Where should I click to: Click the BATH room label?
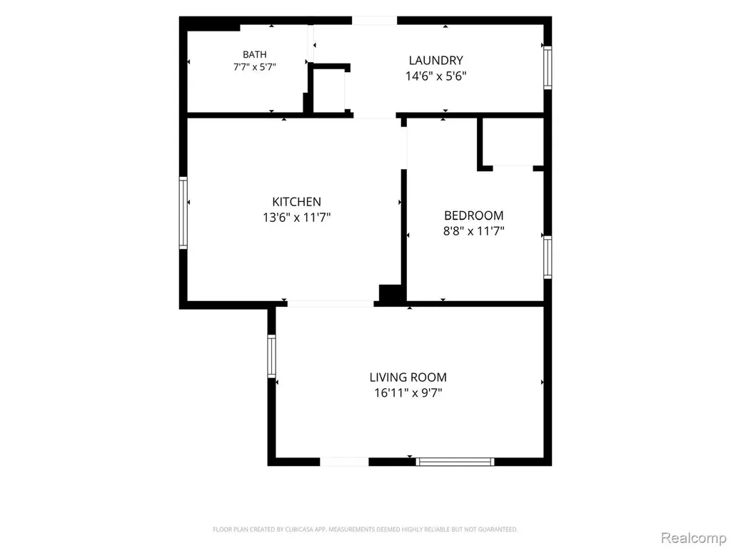(255, 54)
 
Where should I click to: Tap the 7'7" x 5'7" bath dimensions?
(255, 67)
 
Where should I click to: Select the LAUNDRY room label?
(436, 60)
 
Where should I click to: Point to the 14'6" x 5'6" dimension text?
(436, 76)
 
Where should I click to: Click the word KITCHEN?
(296, 202)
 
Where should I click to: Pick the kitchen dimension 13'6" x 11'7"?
(296, 217)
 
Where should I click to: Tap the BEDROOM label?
(474, 215)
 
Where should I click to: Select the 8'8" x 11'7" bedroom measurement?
(474, 230)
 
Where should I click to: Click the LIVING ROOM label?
(408, 377)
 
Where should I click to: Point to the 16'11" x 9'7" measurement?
(408, 393)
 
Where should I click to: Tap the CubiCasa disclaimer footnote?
(365, 529)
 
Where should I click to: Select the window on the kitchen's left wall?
(183, 213)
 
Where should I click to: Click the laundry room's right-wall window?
(548, 68)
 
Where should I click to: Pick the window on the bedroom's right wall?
(548, 258)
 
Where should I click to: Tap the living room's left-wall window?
(271, 356)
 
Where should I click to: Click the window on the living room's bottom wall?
(455, 462)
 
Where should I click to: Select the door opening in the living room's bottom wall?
(344, 462)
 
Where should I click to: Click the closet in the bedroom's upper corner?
(511, 141)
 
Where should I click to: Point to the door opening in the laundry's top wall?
(374, 21)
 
